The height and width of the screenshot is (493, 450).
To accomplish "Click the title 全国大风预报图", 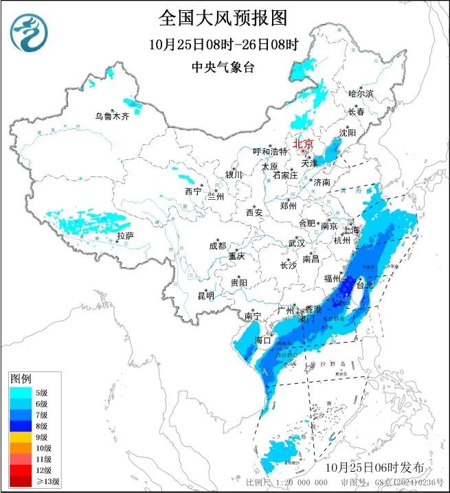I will (x=223, y=17).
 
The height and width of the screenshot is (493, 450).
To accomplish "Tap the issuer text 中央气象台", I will (x=223, y=67).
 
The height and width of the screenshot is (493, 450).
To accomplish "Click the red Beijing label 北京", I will (x=303, y=144).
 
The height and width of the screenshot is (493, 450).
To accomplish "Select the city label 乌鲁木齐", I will (x=112, y=116).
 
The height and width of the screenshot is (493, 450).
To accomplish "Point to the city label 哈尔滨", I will (x=361, y=93).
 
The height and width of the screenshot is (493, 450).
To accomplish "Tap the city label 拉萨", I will (x=124, y=236).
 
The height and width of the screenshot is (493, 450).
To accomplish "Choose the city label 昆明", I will (x=205, y=296).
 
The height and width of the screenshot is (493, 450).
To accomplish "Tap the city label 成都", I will (x=218, y=246).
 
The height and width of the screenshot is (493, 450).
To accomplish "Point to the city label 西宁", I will (x=193, y=192).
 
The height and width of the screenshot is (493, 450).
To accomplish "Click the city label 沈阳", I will (x=348, y=132).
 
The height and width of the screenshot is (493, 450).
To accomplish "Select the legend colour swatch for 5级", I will (x=19, y=391).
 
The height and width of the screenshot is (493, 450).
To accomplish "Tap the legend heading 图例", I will (x=21, y=378).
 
